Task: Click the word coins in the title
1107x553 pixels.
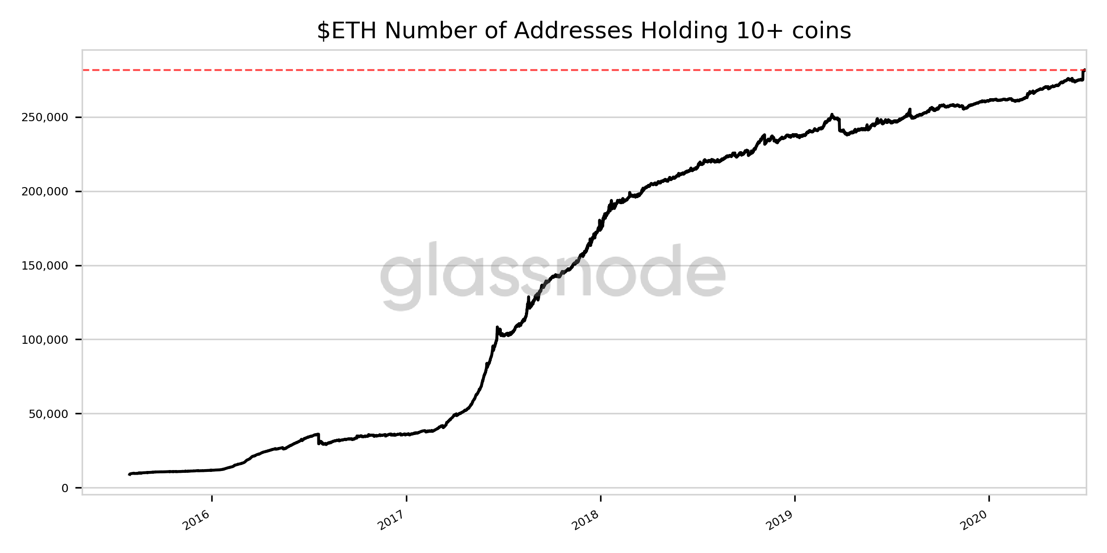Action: point(821,31)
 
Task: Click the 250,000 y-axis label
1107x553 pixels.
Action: point(45,118)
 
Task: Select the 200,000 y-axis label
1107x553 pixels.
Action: point(45,192)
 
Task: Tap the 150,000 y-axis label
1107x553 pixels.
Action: point(45,266)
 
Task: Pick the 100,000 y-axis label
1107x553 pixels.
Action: point(45,340)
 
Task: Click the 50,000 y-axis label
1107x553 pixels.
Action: point(48,414)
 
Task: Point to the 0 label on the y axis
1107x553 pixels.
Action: point(65,488)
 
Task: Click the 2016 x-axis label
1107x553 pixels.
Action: point(196,520)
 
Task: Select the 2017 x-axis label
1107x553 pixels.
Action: point(391,520)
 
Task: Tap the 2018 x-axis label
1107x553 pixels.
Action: point(585,520)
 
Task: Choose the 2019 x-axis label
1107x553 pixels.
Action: point(780,520)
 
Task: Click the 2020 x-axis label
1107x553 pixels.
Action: point(974,520)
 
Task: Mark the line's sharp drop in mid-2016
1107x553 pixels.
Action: point(318,439)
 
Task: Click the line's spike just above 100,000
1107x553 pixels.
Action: point(497,328)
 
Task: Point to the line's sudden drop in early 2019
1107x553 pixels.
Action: point(839,125)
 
